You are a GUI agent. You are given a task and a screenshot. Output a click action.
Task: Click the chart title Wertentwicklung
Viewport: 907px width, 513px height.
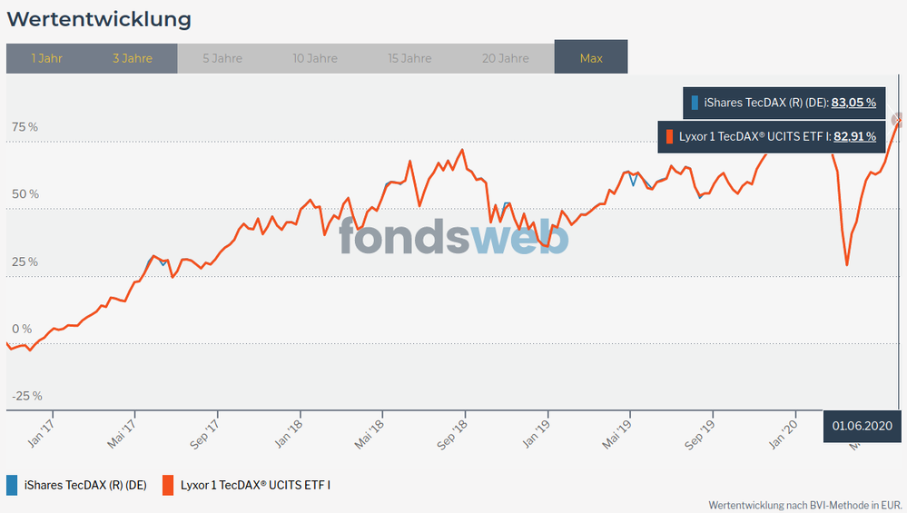(99, 18)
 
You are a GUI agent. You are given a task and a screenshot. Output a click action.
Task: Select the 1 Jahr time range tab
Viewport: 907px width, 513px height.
(46, 58)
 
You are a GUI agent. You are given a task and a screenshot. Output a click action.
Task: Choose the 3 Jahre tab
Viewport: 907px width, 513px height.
(133, 58)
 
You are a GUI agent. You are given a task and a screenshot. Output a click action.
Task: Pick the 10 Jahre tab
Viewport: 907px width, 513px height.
(315, 58)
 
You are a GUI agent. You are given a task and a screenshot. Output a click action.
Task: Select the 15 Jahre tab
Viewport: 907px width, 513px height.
(409, 58)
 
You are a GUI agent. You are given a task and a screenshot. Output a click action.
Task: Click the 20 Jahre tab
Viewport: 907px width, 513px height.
(506, 58)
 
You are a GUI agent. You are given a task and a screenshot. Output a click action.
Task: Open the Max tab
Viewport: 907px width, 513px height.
(591, 58)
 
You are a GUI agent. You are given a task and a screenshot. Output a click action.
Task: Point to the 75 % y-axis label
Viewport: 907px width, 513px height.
(25, 127)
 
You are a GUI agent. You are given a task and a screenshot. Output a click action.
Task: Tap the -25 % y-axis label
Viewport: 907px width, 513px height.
(26, 396)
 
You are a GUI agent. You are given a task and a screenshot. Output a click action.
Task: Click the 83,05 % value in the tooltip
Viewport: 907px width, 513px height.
(853, 103)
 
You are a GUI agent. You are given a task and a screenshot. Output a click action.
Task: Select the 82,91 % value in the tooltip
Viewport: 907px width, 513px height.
(854, 137)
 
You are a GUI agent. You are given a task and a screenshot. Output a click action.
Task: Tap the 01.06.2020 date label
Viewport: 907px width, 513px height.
(863, 426)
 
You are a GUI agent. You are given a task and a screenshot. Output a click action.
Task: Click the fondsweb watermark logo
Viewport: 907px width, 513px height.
(454, 236)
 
